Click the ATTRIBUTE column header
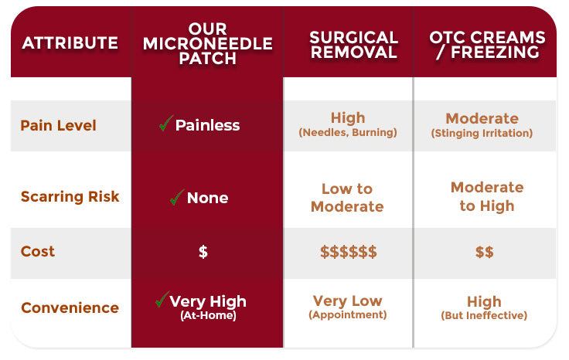pyautogui.click(x=70, y=43)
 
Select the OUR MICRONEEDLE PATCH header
pyautogui.click(x=207, y=43)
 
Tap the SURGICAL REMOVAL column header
pyautogui.click(x=354, y=45)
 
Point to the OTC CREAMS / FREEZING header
pyautogui.click(x=487, y=45)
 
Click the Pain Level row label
pyautogui.click(x=59, y=125)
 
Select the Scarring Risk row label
pyautogui.click(x=70, y=196)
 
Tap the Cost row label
pyautogui.click(x=38, y=251)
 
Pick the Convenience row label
pyautogui.click(x=70, y=307)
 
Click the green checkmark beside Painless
pyautogui.click(x=166, y=124)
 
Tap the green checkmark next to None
pyautogui.click(x=177, y=197)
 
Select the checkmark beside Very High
pyautogui.click(x=162, y=300)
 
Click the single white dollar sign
pyautogui.click(x=203, y=252)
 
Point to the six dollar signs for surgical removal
pyautogui.click(x=349, y=252)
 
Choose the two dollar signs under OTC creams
pyautogui.click(x=485, y=252)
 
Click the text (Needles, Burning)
pyautogui.click(x=348, y=133)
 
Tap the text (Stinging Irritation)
pyautogui.click(x=482, y=134)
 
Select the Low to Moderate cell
pyautogui.click(x=347, y=198)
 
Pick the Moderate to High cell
pyautogui.click(x=487, y=196)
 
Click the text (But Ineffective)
pyautogui.click(x=484, y=315)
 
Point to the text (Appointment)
pyautogui.click(x=348, y=314)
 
